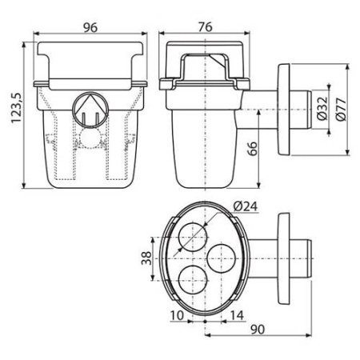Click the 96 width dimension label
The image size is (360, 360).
(x=90, y=27)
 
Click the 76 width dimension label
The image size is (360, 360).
(x=206, y=27)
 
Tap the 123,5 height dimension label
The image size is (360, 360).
(x=16, y=107)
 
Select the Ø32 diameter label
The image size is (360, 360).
(x=322, y=109)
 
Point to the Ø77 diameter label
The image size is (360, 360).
(x=341, y=110)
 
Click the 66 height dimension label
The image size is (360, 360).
(x=252, y=148)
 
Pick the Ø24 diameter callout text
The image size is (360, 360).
(x=246, y=206)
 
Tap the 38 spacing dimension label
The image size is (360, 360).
(x=146, y=258)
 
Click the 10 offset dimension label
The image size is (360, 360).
(x=177, y=315)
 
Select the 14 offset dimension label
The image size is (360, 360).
(x=237, y=315)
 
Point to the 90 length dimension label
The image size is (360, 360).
(x=258, y=330)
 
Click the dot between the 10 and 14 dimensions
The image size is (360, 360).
(x=205, y=322)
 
